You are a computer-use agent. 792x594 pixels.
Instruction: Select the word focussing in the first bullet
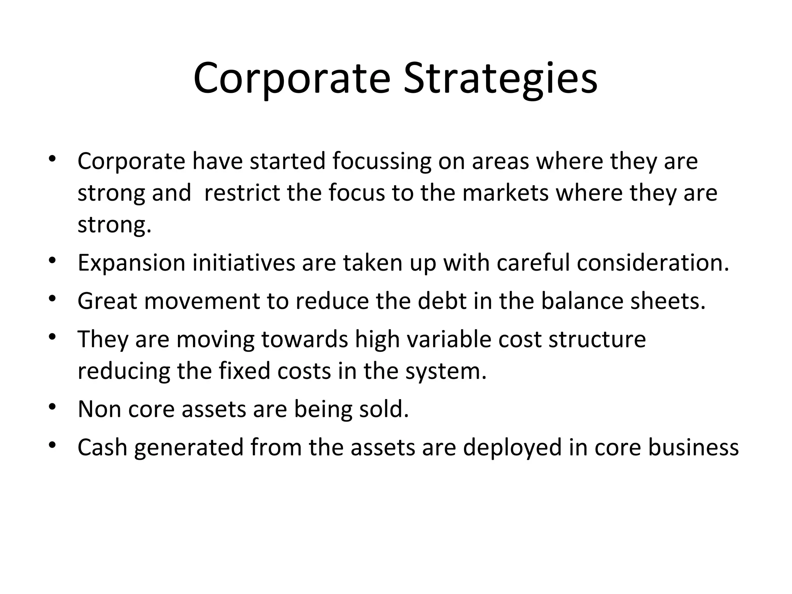point(381,161)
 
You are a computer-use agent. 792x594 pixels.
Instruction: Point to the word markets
point(505,193)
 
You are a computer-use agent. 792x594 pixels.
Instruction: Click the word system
point(445,372)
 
